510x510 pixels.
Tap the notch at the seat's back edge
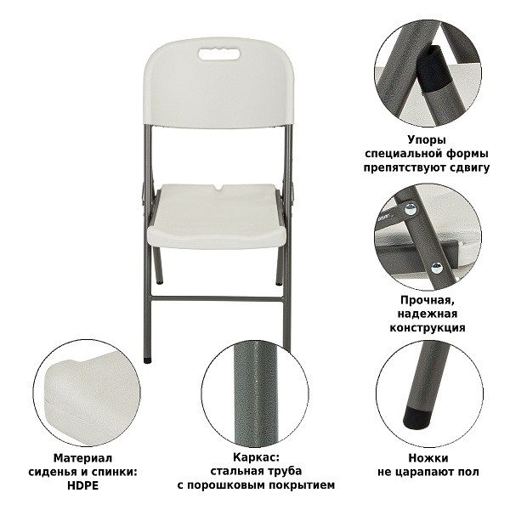click(x=218, y=188)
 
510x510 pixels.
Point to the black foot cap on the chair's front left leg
click(x=147, y=360)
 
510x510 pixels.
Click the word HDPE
click(x=83, y=485)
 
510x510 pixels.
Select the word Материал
click(x=82, y=458)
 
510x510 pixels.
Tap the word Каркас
click(x=256, y=457)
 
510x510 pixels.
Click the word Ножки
click(x=428, y=458)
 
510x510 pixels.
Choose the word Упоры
click(x=427, y=140)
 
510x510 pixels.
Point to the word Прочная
click(x=427, y=300)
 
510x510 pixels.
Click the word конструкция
click(x=428, y=327)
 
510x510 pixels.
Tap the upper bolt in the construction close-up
click(x=411, y=208)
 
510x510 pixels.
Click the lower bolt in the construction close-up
click(x=437, y=268)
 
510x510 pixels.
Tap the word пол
click(x=470, y=472)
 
